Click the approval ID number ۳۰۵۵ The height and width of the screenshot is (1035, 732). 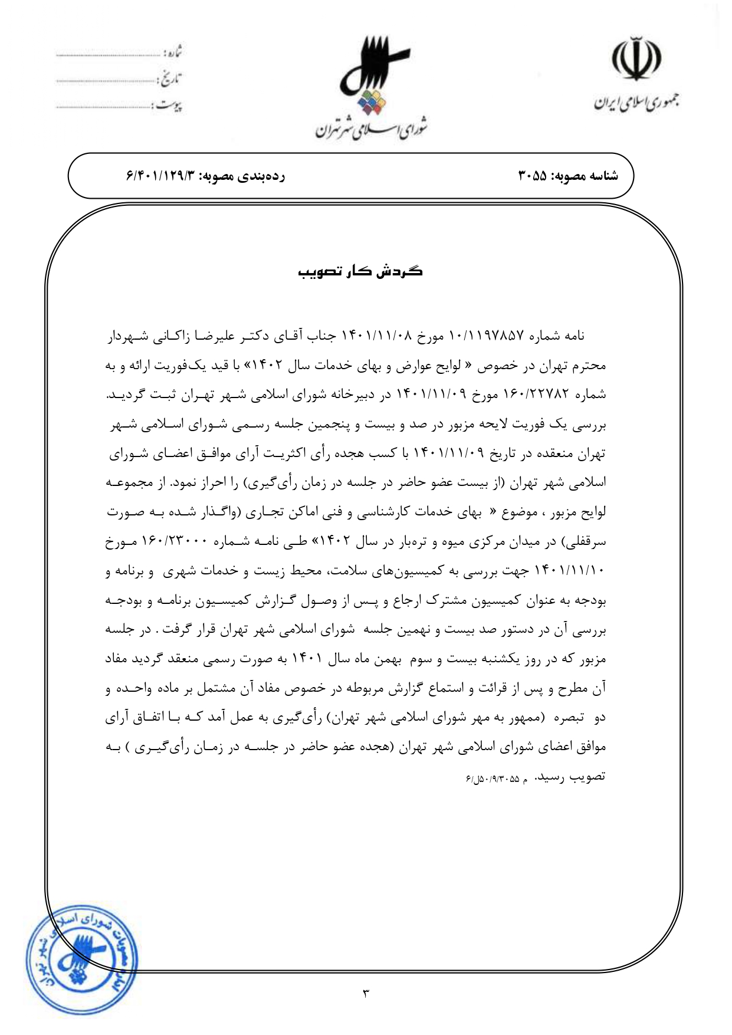[x=533, y=176]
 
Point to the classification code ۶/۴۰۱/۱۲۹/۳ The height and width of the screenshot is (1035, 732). [x=159, y=176]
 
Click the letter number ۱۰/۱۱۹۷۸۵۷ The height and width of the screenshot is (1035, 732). [x=487, y=336]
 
